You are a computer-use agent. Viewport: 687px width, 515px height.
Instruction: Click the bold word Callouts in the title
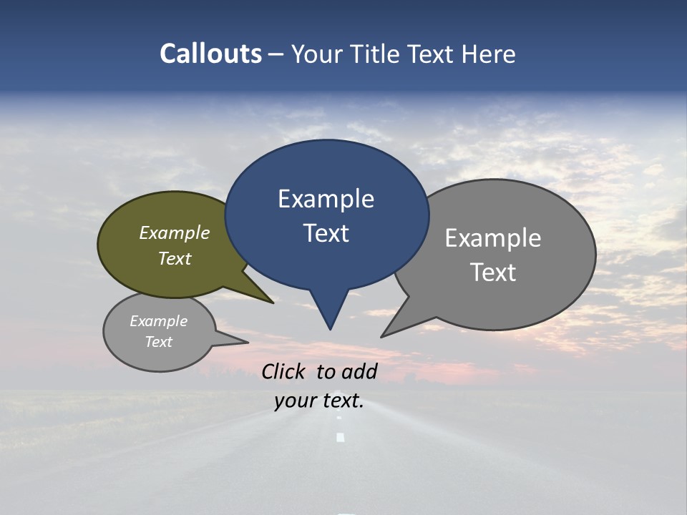pos(211,54)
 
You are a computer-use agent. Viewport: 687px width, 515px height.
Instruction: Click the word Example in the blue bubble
pos(326,199)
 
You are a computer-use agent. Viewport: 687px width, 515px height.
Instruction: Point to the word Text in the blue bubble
pos(326,233)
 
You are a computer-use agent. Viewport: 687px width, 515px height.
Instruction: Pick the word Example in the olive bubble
pos(175,232)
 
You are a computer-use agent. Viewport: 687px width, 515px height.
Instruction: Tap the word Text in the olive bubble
pos(175,258)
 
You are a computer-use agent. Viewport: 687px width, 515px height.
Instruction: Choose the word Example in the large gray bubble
pos(493,237)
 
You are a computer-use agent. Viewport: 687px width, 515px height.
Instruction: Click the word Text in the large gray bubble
pos(493,272)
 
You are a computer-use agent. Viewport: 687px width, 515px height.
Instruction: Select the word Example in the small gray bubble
pos(158,321)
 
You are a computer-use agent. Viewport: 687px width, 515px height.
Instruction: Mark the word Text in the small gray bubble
pos(158,342)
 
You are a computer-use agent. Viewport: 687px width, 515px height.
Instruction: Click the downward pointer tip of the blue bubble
pos(330,328)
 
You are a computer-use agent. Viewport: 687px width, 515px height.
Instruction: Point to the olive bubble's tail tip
pos(272,302)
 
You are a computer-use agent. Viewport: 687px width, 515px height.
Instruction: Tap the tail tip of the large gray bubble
pos(383,335)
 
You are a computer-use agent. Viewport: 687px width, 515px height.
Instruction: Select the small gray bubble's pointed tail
pos(245,342)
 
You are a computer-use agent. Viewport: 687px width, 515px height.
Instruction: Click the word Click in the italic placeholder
pos(283,371)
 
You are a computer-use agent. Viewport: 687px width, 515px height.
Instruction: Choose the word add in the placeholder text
pos(359,371)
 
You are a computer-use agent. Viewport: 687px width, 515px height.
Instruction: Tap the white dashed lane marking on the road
pos(341,436)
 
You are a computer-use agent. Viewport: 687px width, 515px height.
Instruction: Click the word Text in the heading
pos(432,54)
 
